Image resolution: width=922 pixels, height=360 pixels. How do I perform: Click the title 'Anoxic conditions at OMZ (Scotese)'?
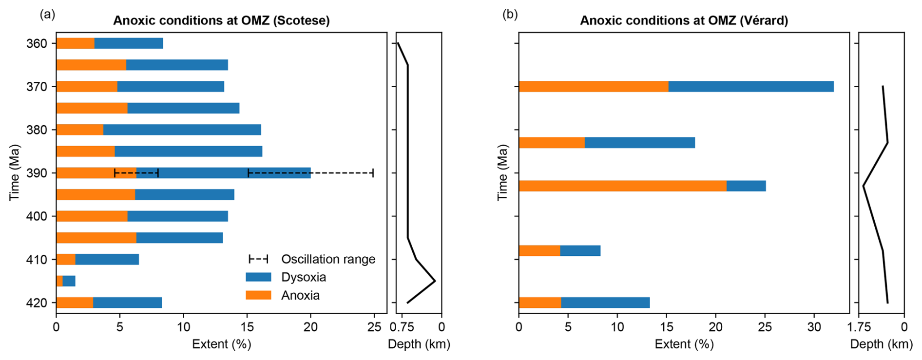221,20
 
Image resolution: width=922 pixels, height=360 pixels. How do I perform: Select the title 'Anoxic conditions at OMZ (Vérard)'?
684,20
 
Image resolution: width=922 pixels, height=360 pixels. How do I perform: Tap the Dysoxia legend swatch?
258,277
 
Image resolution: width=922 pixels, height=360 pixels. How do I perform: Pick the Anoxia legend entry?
300,295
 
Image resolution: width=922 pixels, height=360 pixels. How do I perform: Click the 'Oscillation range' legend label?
328,259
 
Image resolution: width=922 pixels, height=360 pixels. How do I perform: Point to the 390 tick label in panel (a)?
37,173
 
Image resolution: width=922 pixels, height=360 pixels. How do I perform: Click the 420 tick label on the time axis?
37,303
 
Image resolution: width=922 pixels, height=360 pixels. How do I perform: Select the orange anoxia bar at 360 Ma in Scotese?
75,43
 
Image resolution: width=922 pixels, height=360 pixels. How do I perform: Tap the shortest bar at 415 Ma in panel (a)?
66,281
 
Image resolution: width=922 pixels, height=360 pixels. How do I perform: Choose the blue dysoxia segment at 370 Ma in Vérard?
750,87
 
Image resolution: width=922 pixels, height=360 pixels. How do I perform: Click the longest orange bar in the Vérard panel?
622,186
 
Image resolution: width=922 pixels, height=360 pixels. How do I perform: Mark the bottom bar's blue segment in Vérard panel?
605,303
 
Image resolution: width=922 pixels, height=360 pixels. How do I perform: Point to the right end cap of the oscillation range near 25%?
373,173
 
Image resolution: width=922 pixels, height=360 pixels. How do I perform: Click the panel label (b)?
510,15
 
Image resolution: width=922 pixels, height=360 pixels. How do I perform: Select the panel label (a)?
47,15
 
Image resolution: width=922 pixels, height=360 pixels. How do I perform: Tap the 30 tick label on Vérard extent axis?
814,327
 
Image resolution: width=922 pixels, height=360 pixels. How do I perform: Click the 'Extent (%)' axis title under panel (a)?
221,344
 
